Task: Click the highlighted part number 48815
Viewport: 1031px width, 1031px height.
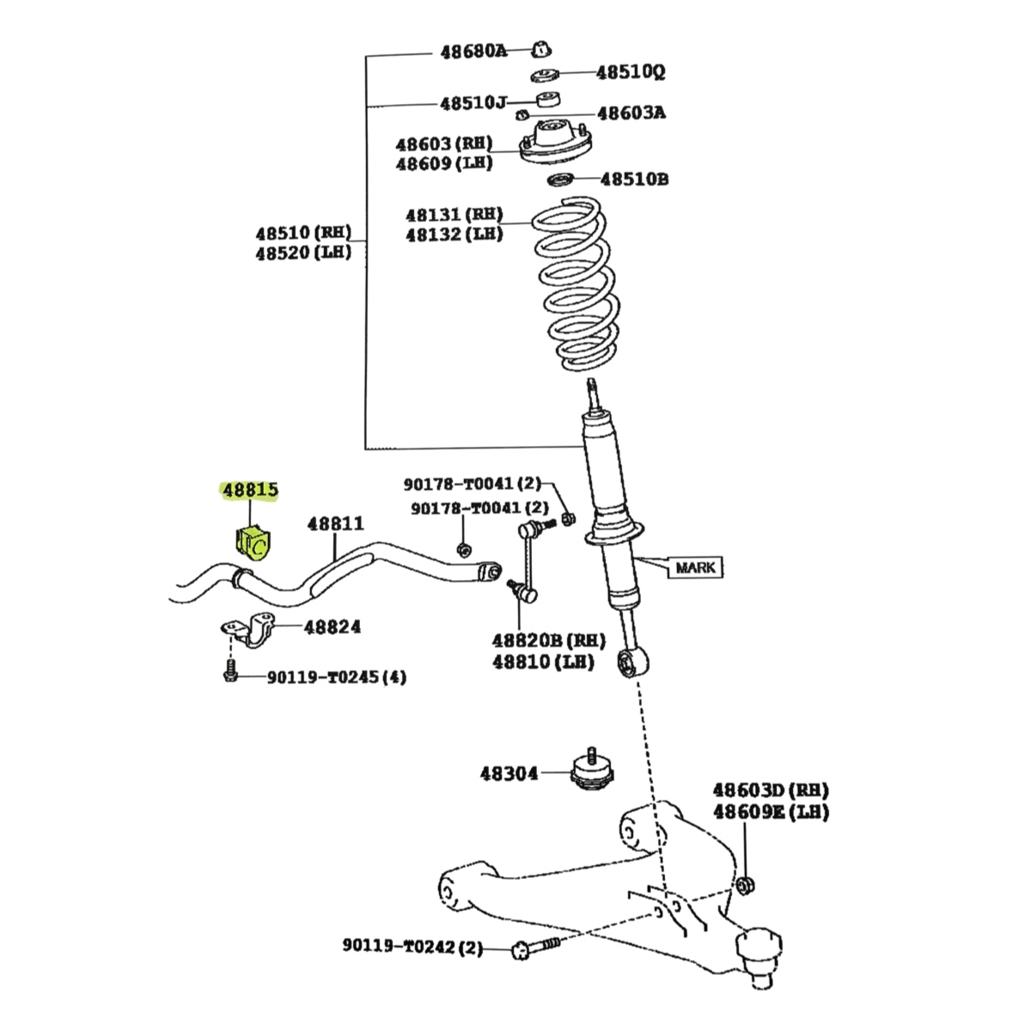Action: tap(250, 491)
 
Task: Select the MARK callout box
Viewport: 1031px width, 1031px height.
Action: tap(695, 567)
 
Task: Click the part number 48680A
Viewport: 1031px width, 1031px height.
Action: tap(473, 52)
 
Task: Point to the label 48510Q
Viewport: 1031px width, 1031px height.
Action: tap(631, 72)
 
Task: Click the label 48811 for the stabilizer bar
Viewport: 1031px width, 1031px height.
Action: tap(335, 524)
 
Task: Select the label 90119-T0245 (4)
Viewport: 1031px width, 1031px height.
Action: tap(336, 678)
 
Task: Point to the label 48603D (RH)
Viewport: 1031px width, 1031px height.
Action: tap(771, 790)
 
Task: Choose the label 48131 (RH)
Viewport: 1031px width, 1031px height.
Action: tap(454, 215)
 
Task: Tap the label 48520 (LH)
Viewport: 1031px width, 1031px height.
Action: tap(302, 253)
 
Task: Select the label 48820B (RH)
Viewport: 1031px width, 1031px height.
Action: tap(548, 641)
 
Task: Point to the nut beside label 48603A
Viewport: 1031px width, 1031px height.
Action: tap(521, 114)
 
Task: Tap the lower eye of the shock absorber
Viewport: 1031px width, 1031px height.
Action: tap(633, 663)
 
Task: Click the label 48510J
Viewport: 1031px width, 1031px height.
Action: tap(473, 103)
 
